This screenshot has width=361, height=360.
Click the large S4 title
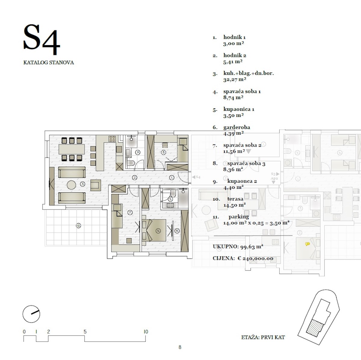(x=42, y=39)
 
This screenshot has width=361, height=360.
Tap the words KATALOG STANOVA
(x=48, y=63)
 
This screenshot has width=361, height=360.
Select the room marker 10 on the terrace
(x=78, y=226)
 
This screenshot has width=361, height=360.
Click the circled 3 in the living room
(x=83, y=184)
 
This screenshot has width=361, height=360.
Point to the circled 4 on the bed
(x=159, y=231)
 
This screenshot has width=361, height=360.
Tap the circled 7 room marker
(x=130, y=213)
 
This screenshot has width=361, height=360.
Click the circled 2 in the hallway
(x=134, y=177)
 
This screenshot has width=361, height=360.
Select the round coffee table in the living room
(x=71, y=185)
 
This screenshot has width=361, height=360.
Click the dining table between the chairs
(x=72, y=149)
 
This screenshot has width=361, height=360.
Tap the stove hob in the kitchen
(x=112, y=139)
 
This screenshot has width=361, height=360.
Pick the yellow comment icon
(x=307, y=244)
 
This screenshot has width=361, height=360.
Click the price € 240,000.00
(x=255, y=258)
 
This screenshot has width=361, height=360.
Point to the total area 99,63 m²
(x=252, y=247)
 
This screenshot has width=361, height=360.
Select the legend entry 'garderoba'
(x=237, y=127)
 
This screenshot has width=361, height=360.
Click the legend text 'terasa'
(x=235, y=199)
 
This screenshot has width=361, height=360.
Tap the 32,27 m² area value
(x=235, y=79)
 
